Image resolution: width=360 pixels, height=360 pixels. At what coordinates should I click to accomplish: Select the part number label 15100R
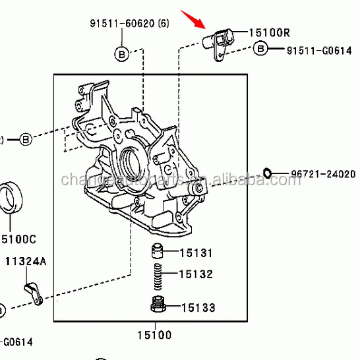click(x=269, y=32)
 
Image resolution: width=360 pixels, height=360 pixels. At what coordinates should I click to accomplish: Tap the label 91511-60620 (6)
click(x=129, y=24)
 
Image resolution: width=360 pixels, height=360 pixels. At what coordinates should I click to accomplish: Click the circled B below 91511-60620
click(x=122, y=54)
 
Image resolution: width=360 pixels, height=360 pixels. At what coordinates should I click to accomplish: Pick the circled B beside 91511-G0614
click(x=260, y=49)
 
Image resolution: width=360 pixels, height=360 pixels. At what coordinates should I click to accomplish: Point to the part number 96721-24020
click(x=318, y=175)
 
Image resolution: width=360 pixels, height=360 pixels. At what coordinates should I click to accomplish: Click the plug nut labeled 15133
click(x=157, y=306)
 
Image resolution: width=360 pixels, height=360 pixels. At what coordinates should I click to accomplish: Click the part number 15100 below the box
click(x=155, y=335)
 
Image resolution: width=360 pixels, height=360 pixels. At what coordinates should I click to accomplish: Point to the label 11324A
click(x=26, y=262)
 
